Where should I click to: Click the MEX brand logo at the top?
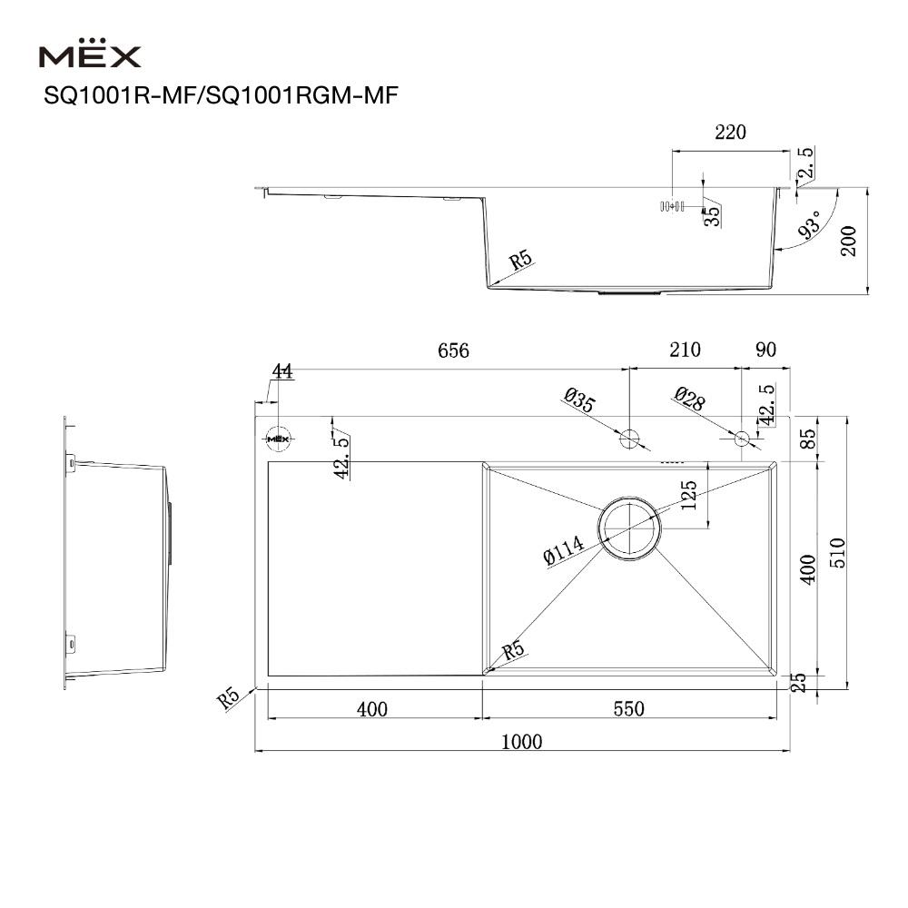point(90,56)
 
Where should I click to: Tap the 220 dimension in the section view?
point(730,133)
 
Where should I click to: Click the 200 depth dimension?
point(849,240)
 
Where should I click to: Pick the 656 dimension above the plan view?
point(453,350)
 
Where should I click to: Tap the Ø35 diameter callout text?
point(579,400)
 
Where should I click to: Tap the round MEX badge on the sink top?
point(278,439)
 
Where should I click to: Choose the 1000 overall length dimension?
point(521,742)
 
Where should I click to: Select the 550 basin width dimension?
point(627,708)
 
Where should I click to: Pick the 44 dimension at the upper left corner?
point(281,371)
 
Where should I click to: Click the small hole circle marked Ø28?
point(742,439)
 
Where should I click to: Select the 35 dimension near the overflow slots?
point(713,214)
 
